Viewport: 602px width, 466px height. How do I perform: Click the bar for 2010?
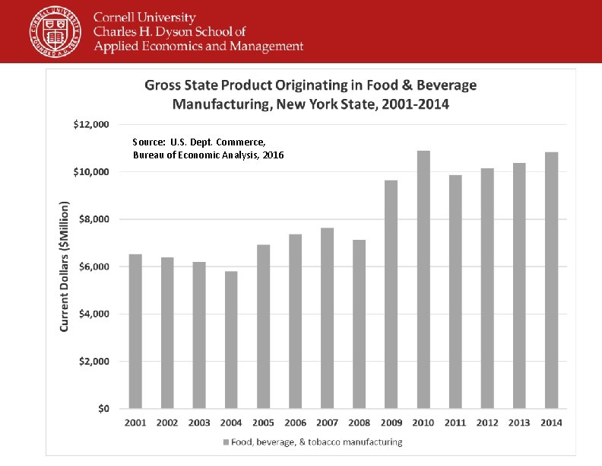coord(423,279)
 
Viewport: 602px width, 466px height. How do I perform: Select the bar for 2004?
coord(231,340)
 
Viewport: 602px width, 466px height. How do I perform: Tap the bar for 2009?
coord(391,294)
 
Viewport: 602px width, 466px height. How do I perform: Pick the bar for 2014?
coord(551,280)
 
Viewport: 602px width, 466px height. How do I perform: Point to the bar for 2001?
coord(135,331)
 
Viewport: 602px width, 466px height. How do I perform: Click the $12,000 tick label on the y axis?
coord(91,124)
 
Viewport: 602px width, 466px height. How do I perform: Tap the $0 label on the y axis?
coord(103,409)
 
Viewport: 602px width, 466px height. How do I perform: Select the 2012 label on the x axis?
coord(487,423)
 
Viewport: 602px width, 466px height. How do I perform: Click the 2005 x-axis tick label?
coord(263,423)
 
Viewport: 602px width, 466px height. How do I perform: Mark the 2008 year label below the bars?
coord(359,423)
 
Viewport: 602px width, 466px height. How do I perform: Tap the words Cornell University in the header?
coord(144,18)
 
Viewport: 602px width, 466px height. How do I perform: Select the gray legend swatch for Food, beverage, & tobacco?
coord(225,442)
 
